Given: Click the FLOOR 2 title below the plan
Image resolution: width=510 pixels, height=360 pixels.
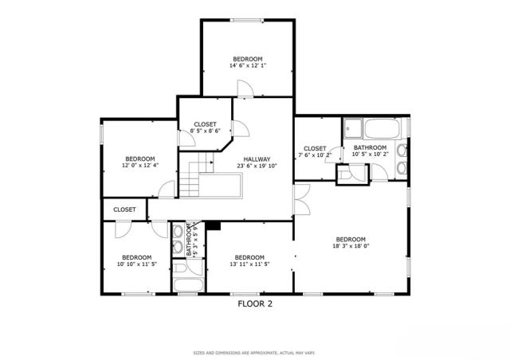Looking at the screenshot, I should pyautogui.click(x=255, y=303).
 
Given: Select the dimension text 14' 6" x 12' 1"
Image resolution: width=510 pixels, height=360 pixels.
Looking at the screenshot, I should pyautogui.click(x=247, y=66).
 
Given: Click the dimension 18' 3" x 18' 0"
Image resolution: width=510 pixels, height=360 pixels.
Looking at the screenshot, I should pyautogui.click(x=350, y=248).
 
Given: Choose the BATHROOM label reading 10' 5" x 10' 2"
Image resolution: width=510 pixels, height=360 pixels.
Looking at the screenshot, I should pyautogui.click(x=370, y=147).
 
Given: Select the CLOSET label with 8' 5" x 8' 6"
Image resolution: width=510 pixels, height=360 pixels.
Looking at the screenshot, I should pyautogui.click(x=205, y=125).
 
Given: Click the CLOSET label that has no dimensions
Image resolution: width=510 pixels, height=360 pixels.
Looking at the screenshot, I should pyautogui.click(x=124, y=209).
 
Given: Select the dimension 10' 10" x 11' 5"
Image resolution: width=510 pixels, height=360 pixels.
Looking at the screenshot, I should pyautogui.click(x=136, y=264).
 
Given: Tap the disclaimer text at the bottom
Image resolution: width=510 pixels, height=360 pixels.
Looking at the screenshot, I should pyautogui.click(x=255, y=351).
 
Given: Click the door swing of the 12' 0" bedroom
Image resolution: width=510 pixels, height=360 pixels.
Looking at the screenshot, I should pyautogui.click(x=167, y=190).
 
